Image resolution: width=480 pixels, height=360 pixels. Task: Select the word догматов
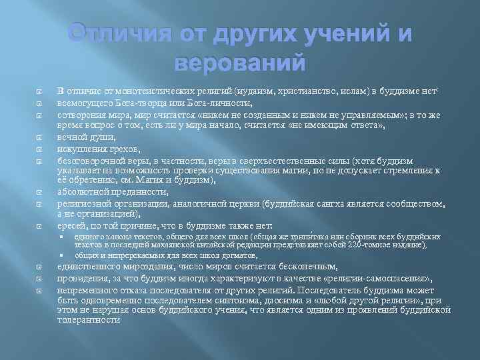pos(219,255)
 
